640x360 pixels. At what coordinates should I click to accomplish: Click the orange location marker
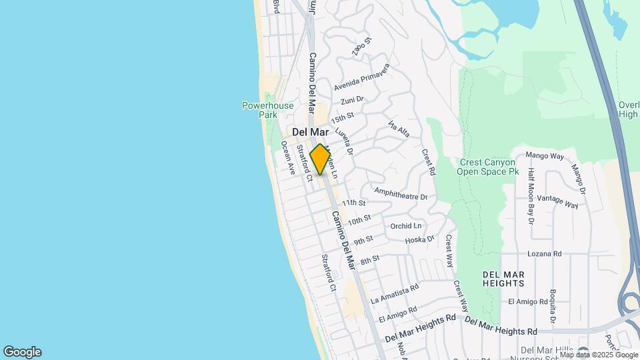click(320, 159)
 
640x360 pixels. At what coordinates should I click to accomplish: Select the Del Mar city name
click(311, 133)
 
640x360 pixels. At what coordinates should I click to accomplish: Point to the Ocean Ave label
click(287, 157)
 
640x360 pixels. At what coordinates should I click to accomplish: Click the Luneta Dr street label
click(343, 141)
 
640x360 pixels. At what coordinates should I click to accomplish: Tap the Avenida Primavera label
click(361, 78)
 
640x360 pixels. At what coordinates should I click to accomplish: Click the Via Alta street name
click(398, 130)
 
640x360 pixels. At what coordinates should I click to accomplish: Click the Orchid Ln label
click(406, 226)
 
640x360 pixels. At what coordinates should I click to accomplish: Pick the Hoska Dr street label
click(419, 239)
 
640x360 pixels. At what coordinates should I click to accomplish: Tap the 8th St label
click(369, 259)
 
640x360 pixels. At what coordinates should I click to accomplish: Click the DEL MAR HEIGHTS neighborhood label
click(503, 279)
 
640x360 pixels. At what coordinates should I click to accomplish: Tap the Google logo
click(22, 352)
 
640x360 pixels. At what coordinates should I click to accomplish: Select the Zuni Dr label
click(351, 101)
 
